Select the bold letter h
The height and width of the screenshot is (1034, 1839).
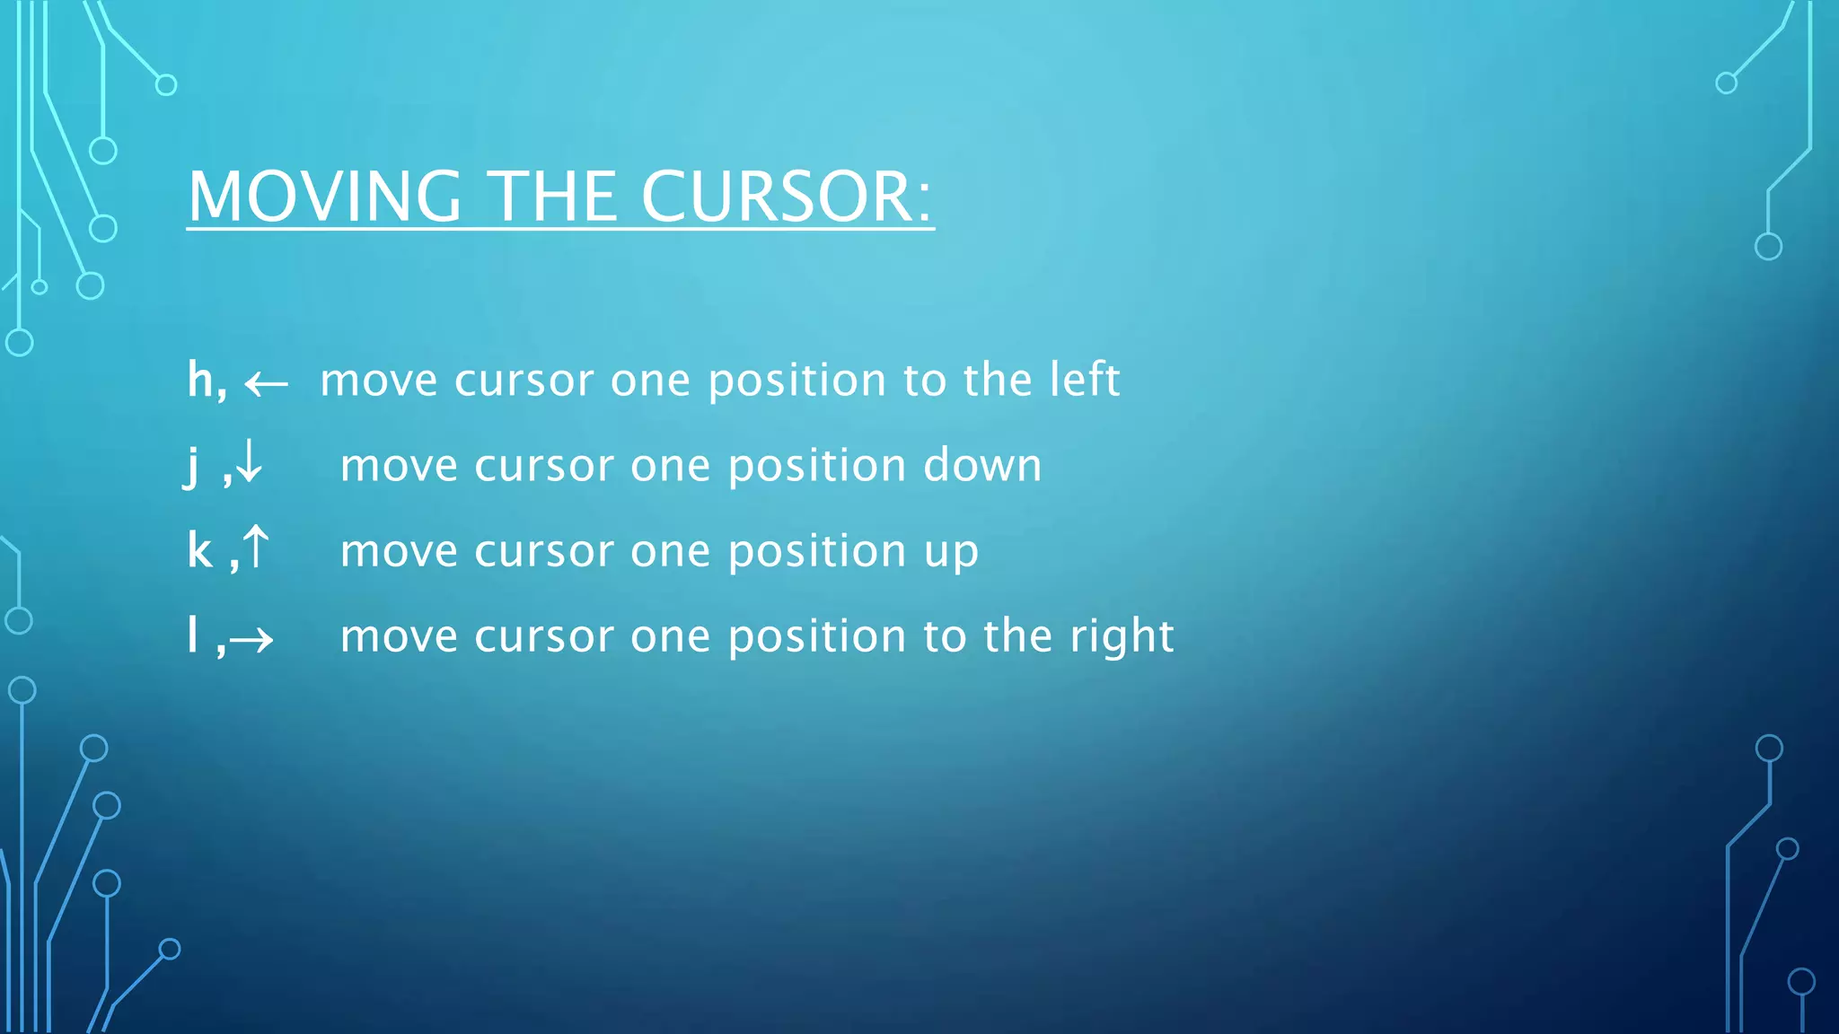pyautogui.click(x=201, y=380)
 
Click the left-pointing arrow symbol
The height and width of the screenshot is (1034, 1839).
pyautogui.click(x=267, y=385)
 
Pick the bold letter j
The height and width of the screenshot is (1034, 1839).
pyautogui.click(x=191, y=467)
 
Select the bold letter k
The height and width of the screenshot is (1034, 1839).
pyautogui.click(x=200, y=550)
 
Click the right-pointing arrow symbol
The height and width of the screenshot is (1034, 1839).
pyautogui.click(x=251, y=640)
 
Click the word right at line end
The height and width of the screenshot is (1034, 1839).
pyautogui.click(x=1122, y=637)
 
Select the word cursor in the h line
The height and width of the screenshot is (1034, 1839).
pyautogui.click(x=524, y=381)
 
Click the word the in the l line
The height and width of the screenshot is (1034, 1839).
pyautogui.click(x=1018, y=635)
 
